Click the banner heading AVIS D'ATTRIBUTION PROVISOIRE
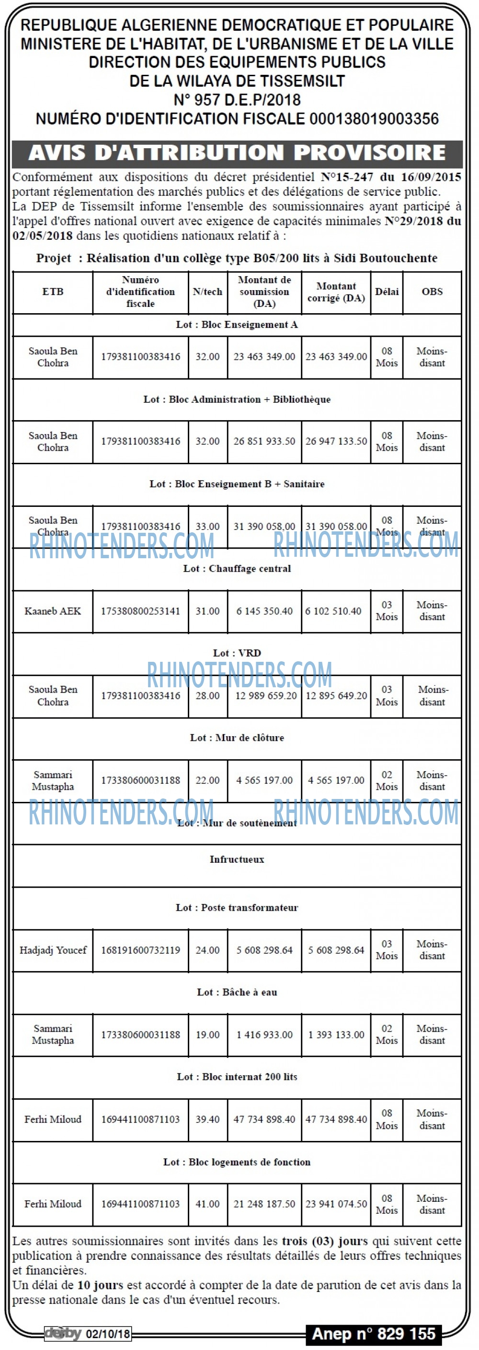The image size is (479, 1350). [237, 153]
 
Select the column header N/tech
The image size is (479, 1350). [207, 292]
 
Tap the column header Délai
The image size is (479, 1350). [387, 292]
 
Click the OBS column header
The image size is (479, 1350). [433, 292]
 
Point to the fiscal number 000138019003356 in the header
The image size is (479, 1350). [374, 119]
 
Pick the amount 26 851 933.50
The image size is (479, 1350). [264, 441]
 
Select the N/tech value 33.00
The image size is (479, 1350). [207, 526]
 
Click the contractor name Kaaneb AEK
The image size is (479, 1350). [53, 611]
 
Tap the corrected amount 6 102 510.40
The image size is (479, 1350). [333, 611]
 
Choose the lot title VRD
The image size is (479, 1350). [237, 653]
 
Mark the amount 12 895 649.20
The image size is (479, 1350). [336, 695]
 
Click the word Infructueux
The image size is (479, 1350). [237, 859]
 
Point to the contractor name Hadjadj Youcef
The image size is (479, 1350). [53, 950]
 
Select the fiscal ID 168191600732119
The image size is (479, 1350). [140, 950]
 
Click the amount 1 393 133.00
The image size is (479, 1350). [336, 1034]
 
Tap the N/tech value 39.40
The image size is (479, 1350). [207, 1119]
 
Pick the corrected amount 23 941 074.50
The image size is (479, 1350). [336, 1204]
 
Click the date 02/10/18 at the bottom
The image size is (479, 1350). [108, 1334]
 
